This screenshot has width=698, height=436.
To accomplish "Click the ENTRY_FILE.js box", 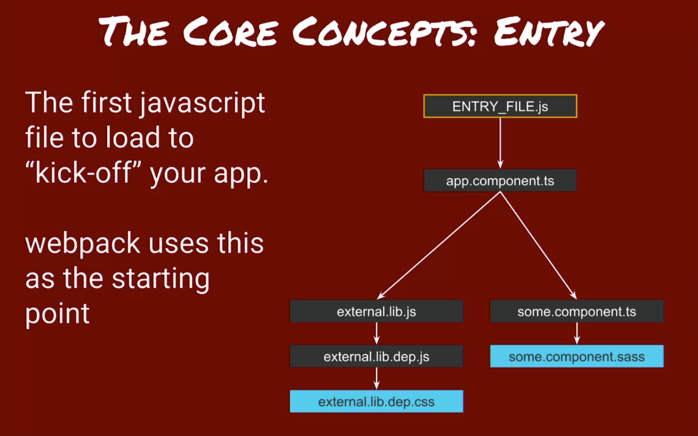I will pyautogui.click(x=500, y=106).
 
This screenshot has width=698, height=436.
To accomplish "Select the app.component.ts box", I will pyautogui.click(x=500, y=181).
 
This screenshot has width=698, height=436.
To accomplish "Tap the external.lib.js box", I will pyautogui.click(x=376, y=311).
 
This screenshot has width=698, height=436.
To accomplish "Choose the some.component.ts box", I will pyautogui.click(x=576, y=311).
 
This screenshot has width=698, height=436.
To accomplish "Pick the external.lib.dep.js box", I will pyautogui.click(x=376, y=356).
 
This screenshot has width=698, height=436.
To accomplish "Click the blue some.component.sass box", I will pyautogui.click(x=576, y=356).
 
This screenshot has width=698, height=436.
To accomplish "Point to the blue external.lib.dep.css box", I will pyautogui.click(x=376, y=401).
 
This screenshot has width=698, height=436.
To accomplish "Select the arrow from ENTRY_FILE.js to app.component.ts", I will pyautogui.click(x=500, y=143).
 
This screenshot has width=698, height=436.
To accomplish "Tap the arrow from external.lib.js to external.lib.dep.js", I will pyautogui.click(x=376, y=333).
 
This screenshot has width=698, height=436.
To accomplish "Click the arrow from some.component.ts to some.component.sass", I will pyautogui.click(x=577, y=333).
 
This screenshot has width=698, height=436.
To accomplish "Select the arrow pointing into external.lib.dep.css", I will pyautogui.click(x=376, y=378).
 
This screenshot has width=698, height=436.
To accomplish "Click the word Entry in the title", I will pyautogui.click(x=548, y=32).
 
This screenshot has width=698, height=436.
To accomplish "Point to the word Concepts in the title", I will pyautogui.click(x=385, y=32).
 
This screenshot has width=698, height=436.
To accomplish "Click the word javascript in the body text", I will pyautogui.click(x=202, y=103).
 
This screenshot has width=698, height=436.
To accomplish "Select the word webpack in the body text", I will pyautogui.click(x=82, y=244).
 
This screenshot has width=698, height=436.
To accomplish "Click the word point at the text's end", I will pyautogui.click(x=57, y=314).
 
